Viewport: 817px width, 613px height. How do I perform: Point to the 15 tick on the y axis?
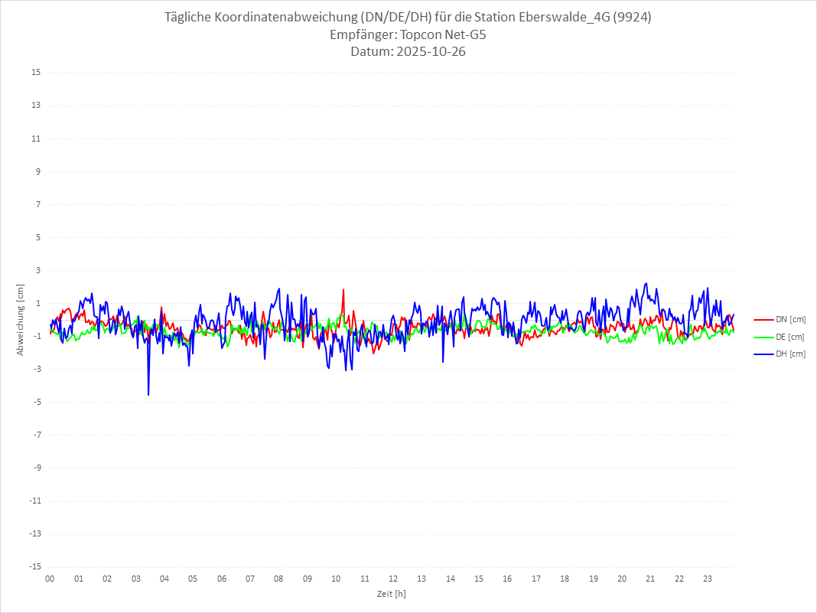point(36,73)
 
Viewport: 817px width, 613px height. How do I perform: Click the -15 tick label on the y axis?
point(34,567)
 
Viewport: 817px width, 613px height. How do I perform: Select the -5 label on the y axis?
point(36,402)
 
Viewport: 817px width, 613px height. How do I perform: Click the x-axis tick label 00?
point(50,579)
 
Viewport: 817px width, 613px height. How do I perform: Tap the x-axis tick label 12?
point(393,579)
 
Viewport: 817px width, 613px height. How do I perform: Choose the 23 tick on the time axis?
point(708,579)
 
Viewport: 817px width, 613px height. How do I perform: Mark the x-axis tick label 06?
point(222,579)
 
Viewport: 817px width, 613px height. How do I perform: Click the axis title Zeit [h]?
point(392,594)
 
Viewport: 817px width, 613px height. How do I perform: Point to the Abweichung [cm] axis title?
point(21,320)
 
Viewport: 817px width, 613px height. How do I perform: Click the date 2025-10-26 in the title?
point(429,52)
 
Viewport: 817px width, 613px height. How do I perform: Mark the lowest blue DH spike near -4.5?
point(148,394)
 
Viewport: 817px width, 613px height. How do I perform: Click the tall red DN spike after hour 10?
point(343,290)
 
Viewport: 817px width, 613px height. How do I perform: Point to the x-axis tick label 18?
point(565,579)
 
